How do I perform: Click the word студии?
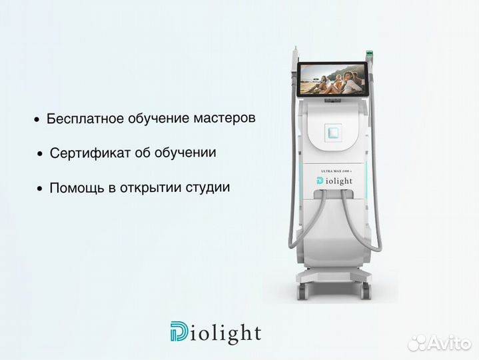[x=209, y=187]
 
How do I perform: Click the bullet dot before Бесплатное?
[x=37, y=121]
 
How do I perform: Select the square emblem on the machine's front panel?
[x=332, y=131]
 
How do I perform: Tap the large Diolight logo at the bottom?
[x=215, y=333]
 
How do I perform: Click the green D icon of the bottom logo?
[x=179, y=332]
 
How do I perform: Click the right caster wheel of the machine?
[x=365, y=291]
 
